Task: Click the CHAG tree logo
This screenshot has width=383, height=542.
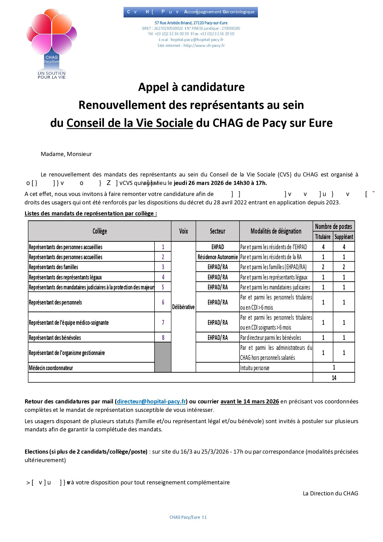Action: pyautogui.click(x=52, y=44)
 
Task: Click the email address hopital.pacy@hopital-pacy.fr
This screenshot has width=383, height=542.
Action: pyautogui.click(x=197, y=40)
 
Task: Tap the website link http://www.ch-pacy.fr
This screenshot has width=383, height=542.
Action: pyautogui.click(x=204, y=46)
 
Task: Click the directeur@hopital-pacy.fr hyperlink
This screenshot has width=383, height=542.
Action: pyautogui.click(x=151, y=401)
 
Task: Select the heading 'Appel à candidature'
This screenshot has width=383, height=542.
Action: pyautogui.click(x=191, y=87)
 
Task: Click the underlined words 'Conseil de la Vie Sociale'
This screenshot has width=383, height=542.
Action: pyautogui.click(x=130, y=123)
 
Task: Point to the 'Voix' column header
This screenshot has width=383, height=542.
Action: pyautogui.click(x=183, y=231)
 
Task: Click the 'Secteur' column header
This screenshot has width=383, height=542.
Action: pyautogui.click(x=217, y=231)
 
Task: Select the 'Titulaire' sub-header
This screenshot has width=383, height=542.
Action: pyautogui.click(x=323, y=237)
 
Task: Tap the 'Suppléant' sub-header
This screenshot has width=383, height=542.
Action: pyautogui.click(x=344, y=237)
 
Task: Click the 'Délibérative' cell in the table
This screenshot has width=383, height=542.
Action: pyautogui.click(x=183, y=307)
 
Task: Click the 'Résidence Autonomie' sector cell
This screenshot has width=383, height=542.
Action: pyautogui.click(x=217, y=257)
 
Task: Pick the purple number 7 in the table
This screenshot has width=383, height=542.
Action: pyautogui.click(x=163, y=322)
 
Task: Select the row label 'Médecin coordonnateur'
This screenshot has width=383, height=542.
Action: pyautogui.click(x=51, y=368)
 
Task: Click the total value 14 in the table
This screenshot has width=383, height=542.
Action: pyautogui.click(x=334, y=378)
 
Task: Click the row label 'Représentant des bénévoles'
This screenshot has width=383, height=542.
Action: pyautogui.click(x=55, y=338)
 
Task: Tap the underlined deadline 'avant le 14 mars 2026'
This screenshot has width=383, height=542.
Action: pyautogui.click(x=249, y=401)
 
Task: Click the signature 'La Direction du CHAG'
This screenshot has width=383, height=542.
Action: pyautogui.click(x=330, y=493)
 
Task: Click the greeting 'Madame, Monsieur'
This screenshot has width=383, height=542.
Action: pyautogui.click(x=66, y=154)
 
